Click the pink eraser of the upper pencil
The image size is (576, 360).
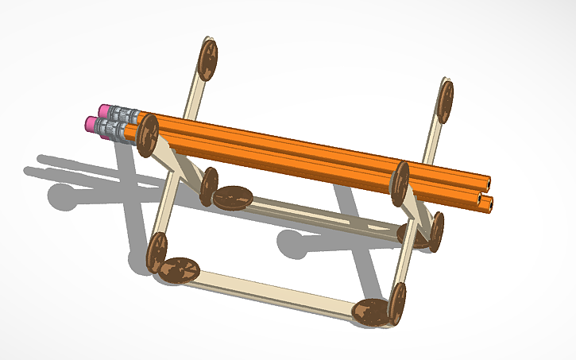(105, 110)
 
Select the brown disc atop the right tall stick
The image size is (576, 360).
(445, 101)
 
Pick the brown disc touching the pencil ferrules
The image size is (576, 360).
(147, 135)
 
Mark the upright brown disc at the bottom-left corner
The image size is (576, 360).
(157, 252)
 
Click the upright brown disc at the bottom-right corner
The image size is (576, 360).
(396, 304)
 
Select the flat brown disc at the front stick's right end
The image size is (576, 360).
(370, 312)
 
